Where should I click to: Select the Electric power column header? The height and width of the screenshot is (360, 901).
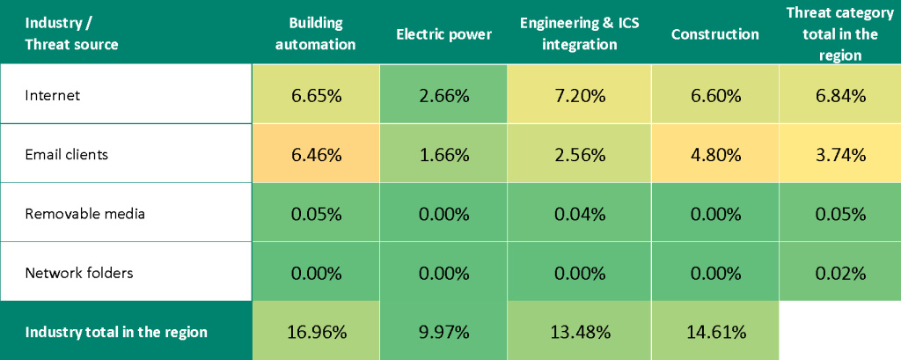[443, 34]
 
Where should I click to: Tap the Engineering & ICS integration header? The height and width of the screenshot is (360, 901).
[579, 33]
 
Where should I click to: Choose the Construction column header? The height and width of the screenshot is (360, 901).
[714, 34]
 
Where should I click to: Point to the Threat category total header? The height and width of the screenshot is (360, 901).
[839, 33]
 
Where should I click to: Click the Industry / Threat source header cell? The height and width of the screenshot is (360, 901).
[72, 33]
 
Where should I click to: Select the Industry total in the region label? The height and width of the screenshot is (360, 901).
[116, 332]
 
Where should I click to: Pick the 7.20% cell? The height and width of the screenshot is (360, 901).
[579, 96]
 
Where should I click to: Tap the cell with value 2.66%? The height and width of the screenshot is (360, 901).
[443, 96]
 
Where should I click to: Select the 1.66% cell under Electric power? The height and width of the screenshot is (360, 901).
[443, 154]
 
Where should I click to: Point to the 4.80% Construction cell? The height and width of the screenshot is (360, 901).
[714, 154]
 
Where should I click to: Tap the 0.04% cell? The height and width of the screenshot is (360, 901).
[579, 213]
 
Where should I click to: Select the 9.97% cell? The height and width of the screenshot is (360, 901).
[443, 332]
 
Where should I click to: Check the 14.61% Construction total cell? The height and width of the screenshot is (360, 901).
[714, 332]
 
